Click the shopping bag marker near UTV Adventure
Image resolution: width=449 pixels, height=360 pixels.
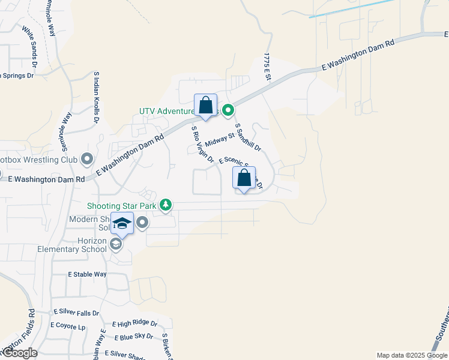[205, 106]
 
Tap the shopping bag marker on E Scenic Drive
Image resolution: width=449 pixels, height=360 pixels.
[244, 178]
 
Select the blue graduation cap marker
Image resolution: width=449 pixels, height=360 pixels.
[122, 224]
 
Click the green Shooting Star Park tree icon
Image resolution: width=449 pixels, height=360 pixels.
[166, 206]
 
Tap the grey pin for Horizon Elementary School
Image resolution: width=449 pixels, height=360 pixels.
[116, 242]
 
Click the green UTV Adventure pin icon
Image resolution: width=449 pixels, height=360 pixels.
[228, 110]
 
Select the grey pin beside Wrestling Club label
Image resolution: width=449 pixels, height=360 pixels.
[88, 160]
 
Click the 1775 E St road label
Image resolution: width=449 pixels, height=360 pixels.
[267, 67]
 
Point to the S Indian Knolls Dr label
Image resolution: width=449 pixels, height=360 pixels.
[96, 97]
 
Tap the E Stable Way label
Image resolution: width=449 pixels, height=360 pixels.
[87, 274]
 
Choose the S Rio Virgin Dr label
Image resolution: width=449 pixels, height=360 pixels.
[202, 144]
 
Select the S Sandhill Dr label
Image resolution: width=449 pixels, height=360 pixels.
[249, 137]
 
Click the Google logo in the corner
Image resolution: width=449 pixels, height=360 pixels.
[19, 353]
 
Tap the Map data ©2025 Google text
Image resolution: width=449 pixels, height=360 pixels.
[412, 355]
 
